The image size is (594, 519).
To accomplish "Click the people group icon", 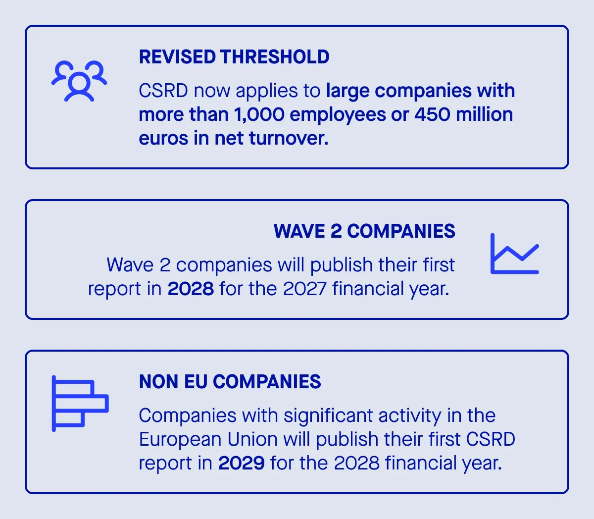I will click(79, 81).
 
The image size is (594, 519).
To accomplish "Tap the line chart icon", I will click(514, 254).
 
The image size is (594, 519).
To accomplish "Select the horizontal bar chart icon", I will click(80, 403).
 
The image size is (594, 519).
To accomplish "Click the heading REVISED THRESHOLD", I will click(234, 57).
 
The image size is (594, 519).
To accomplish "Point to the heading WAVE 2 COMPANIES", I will click(364, 231).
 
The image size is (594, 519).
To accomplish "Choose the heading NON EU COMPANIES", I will click(230, 382).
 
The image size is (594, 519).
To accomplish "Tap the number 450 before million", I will click(432, 114).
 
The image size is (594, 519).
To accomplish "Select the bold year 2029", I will click(242, 463).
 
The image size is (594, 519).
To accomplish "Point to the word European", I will click(180, 439).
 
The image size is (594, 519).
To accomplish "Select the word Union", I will click(252, 439).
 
